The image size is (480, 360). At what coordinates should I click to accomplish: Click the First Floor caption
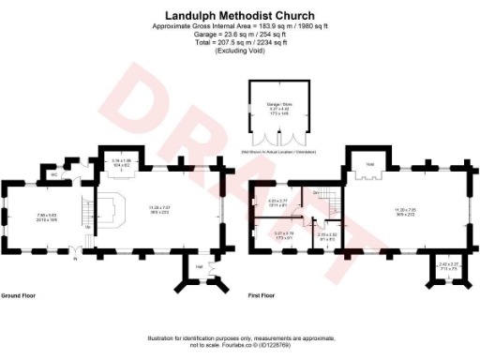pos(262,293)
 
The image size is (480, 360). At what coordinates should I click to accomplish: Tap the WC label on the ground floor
pos(55,173)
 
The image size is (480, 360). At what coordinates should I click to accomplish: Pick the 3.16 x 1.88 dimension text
pos(121,162)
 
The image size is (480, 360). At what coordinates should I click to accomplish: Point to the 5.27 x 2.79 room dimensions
pos(284,234)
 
